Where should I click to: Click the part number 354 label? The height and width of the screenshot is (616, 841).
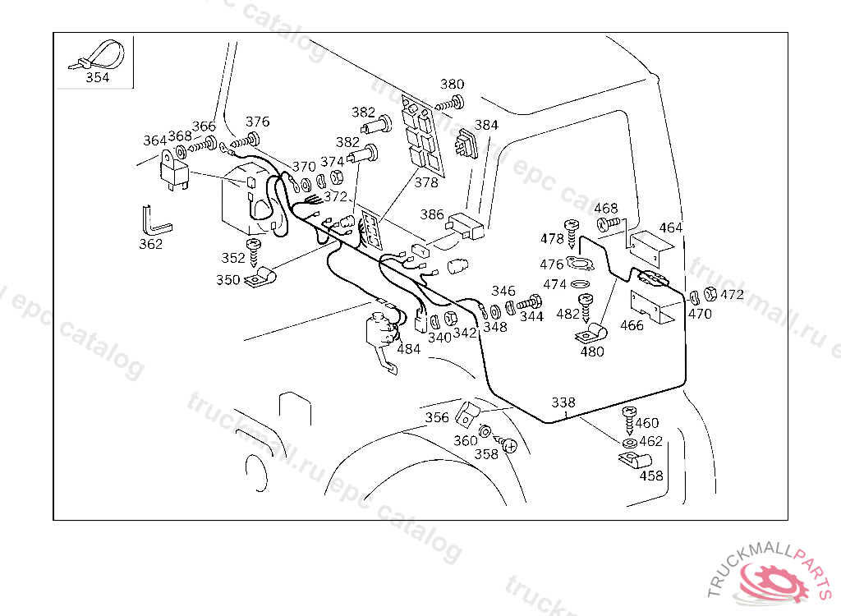click(97, 78)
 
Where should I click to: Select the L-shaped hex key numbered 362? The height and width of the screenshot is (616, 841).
click(154, 221)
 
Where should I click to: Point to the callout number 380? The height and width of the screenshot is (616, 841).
click(452, 84)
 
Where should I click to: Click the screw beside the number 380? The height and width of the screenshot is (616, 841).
click(451, 103)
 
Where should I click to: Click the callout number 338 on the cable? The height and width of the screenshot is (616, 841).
click(563, 402)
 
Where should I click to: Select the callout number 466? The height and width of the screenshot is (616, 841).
click(632, 325)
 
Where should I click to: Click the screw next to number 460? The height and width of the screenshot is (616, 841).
click(630, 421)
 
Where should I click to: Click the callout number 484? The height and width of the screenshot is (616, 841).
click(408, 348)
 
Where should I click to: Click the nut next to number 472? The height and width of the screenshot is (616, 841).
click(710, 295)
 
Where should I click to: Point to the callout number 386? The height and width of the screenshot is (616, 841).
click(432, 214)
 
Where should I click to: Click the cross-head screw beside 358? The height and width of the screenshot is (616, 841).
click(508, 446)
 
